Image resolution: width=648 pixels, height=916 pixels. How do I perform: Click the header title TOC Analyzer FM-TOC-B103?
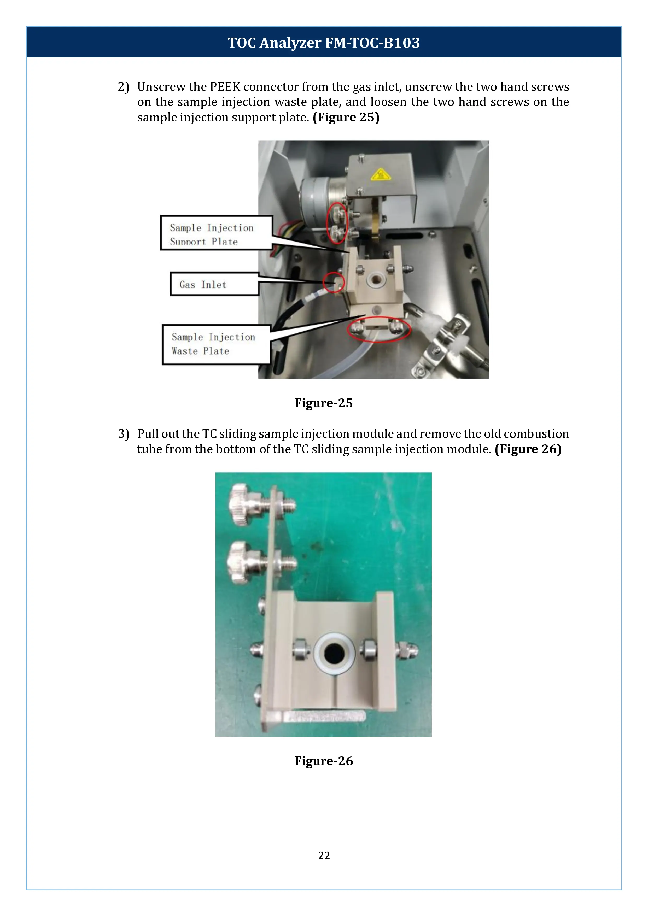point(324,43)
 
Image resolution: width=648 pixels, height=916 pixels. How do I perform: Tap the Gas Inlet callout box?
point(214,284)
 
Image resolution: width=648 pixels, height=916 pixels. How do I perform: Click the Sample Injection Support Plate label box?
point(216,233)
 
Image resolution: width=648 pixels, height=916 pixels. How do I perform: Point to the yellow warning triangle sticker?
point(380,175)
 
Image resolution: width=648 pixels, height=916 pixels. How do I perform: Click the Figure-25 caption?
point(324,403)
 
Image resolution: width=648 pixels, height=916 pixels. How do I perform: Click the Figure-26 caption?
point(324,761)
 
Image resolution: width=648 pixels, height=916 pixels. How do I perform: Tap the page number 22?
point(324,855)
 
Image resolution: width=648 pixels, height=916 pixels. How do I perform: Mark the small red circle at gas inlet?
point(334,283)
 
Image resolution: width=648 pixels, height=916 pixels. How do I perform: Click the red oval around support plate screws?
point(337,224)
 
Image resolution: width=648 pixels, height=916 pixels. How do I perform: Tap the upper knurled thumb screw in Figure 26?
point(244,505)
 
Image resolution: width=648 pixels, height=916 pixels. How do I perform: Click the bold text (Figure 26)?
point(528,449)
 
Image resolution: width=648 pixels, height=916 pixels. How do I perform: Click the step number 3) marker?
point(123,434)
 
